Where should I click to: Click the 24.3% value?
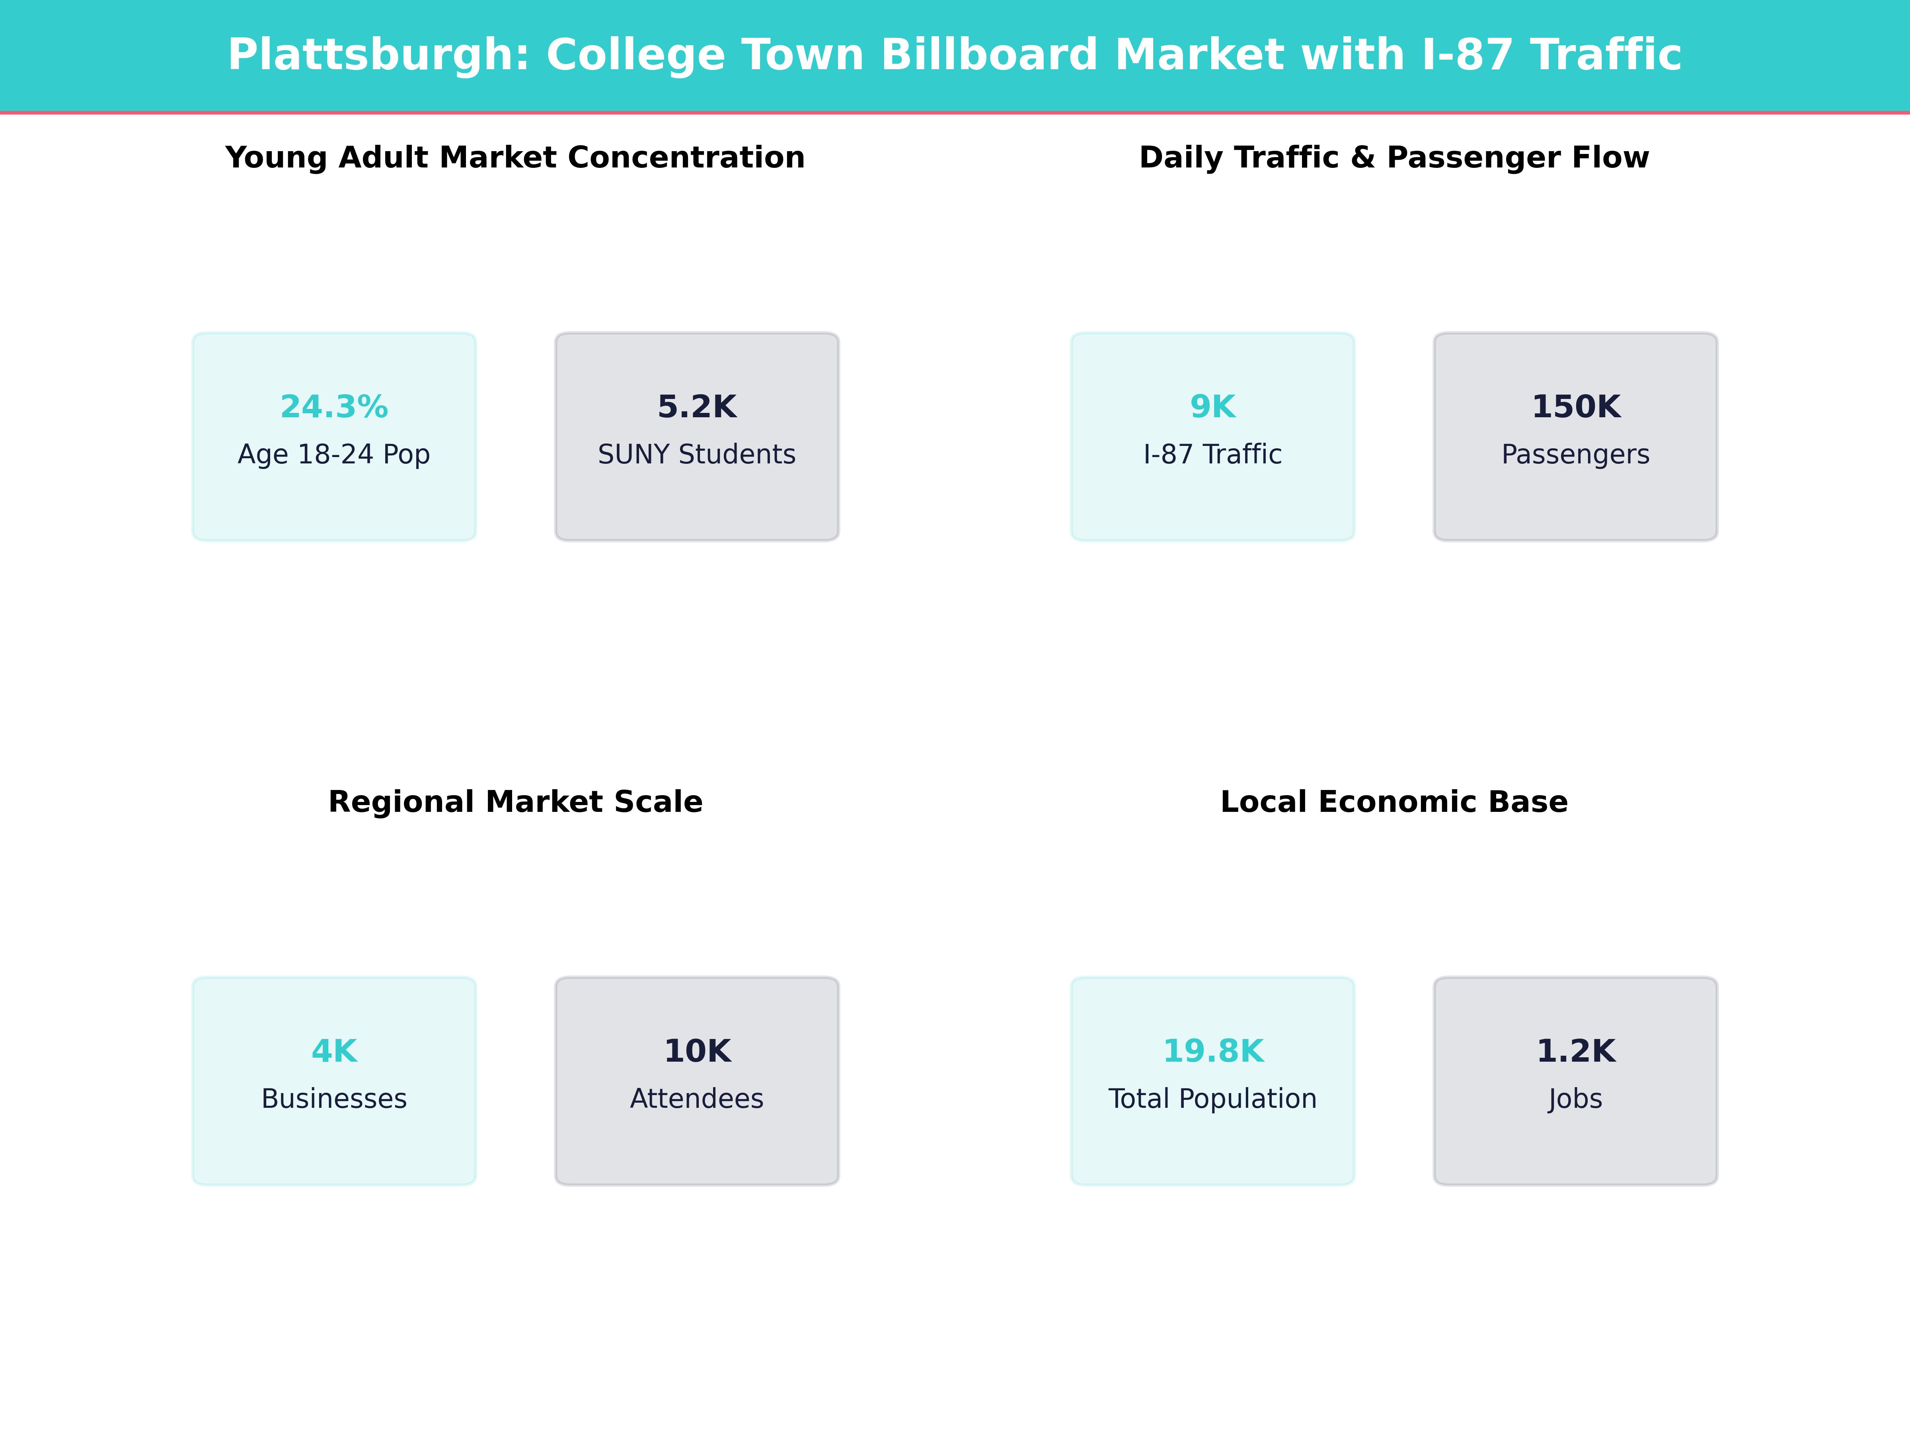point(334,407)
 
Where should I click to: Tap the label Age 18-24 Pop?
point(334,454)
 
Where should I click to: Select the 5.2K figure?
point(697,407)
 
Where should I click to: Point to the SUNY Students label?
point(697,454)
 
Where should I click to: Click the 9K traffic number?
point(1212,407)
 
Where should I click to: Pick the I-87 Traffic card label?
point(1212,454)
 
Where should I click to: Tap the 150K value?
point(1576,407)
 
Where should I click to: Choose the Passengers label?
point(1576,454)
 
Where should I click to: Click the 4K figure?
point(334,1051)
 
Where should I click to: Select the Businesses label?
point(334,1099)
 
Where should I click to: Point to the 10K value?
point(697,1051)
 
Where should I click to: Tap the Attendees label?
point(697,1099)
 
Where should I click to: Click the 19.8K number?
point(1212,1051)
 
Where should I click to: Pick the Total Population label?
point(1212,1099)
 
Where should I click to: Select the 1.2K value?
point(1576,1051)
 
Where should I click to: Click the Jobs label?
point(1576,1099)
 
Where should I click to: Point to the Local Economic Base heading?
point(1394,802)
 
